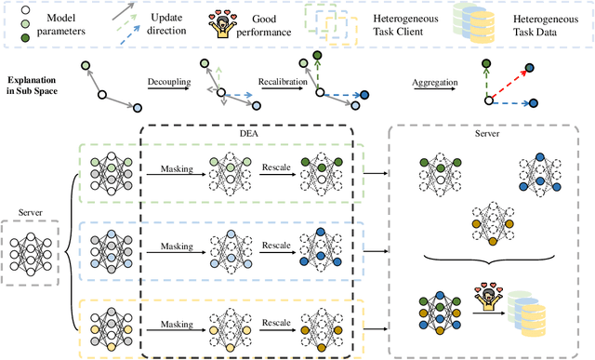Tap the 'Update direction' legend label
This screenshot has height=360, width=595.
tap(165, 23)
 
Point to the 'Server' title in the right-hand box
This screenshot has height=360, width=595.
tap(489, 135)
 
